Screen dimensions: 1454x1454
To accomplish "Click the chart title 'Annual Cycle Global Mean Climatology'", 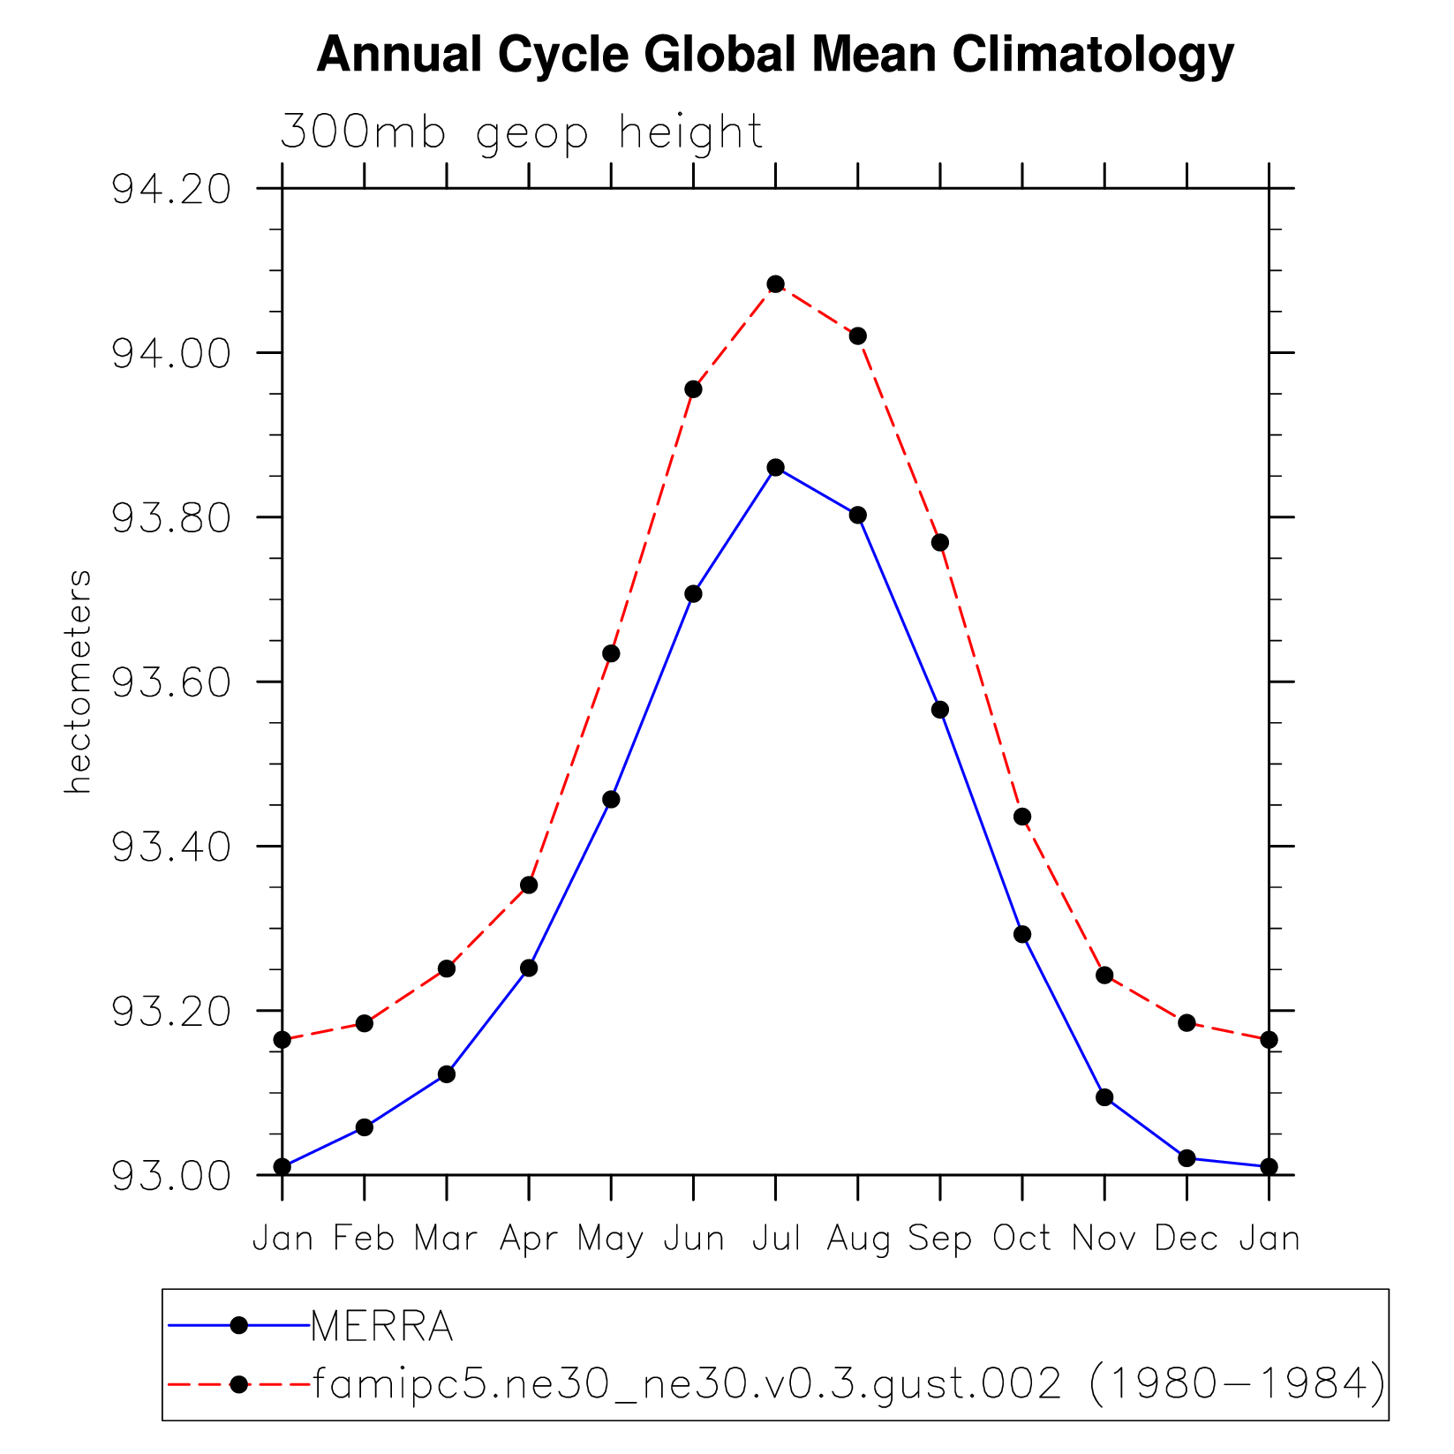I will (x=774, y=55).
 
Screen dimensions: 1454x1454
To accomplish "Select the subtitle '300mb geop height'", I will (x=521, y=132).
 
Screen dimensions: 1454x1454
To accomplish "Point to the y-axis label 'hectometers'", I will (x=79, y=682).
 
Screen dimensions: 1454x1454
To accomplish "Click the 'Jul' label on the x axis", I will (x=776, y=1239).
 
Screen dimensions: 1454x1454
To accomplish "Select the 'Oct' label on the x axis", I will (x=1022, y=1239).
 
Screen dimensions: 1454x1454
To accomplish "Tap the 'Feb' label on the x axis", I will (x=364, y=1239).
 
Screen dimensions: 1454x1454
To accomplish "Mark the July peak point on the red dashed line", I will (x=775, y=284).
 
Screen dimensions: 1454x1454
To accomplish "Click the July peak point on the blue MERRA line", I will (x=775, y=467).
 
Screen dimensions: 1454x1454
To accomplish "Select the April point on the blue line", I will (x=529, y=968).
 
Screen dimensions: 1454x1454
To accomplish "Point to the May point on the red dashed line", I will (x=611, y=653).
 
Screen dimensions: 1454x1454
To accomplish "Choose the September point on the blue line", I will (x=940, y=710).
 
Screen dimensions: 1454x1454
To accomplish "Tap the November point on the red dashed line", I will (x=1104, y=975).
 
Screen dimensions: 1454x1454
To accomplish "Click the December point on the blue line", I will (x=1187, y=1157).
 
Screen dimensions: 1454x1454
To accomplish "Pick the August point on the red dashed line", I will (x=858, y=335).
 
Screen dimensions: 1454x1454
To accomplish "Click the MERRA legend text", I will (x=382, y=1326).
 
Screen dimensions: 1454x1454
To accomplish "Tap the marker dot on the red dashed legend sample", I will (x=238, y=1384).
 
